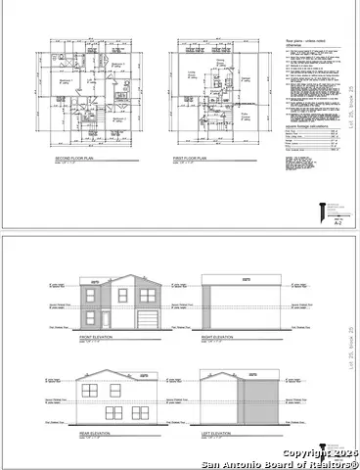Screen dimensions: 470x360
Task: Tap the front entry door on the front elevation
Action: coord(108,319)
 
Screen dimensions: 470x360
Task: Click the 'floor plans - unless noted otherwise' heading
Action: coord(306,42)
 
